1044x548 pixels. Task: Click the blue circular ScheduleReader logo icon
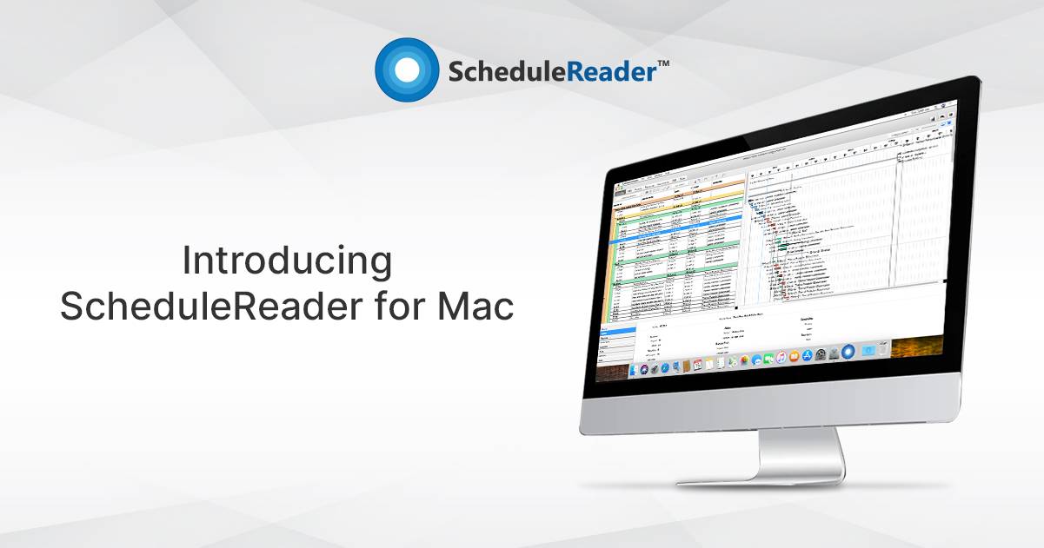[x=407, y=69]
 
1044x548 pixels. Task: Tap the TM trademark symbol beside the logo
[x=662, y=63]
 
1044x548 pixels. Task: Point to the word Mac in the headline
[x=475, y=307]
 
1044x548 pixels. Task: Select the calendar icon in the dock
[x=696, y=365]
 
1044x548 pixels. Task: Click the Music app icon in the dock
[x=781, y=357]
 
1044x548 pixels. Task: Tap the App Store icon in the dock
[x=808, y=355]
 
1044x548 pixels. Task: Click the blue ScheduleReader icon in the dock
[x=848, y=352]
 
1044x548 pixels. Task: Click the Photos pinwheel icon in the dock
[x=745, y=360]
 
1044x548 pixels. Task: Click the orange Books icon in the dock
[x=795, y=356]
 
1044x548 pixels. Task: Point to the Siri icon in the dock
[x=644, y=369]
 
